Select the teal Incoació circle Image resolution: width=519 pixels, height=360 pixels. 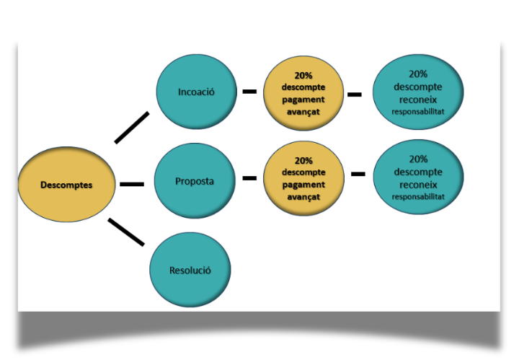[x=197, y=92]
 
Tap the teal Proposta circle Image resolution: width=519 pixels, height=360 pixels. [x=195, y=181]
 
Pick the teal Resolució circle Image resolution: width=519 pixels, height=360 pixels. [x=190, y=271]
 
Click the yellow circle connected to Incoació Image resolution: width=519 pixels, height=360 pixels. [x=303, y=92]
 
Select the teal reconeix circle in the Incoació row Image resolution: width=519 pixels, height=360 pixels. [x=418, y=93]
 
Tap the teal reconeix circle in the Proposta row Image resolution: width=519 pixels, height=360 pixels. [x=418, y=177]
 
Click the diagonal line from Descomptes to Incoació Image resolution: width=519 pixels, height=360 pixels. [x=133, y=127]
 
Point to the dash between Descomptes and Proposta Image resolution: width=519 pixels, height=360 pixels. [x=131, y=184]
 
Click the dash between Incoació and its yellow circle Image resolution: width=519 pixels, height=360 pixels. [x=249, y=92]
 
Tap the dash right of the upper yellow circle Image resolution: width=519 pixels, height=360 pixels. [x=355, y=94]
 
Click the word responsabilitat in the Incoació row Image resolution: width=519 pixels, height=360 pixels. [x=418, y=113]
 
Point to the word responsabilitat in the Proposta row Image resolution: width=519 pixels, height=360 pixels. [x=418, y=197]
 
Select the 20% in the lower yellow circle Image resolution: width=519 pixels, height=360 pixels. [x=303, y=161]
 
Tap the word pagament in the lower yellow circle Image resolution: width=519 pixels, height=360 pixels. [x=303, y=184]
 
